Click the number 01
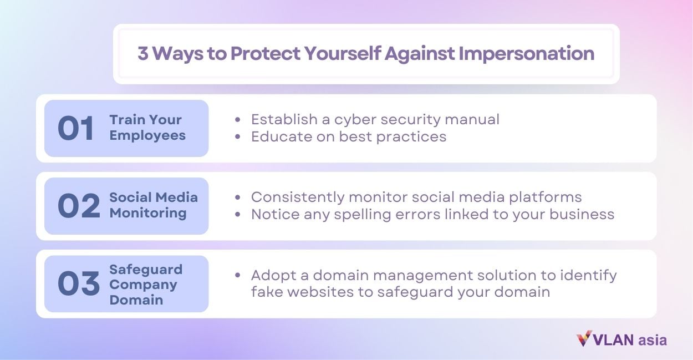pos(76,129)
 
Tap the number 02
pos(79,206)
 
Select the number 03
pos(79,284)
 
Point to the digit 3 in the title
pos(143,54)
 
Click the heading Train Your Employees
pos(147,128)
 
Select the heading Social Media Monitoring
pos(153,205)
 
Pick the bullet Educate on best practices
pos(348,136)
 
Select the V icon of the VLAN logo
pos(584,339)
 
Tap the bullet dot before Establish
pos(238,120)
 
